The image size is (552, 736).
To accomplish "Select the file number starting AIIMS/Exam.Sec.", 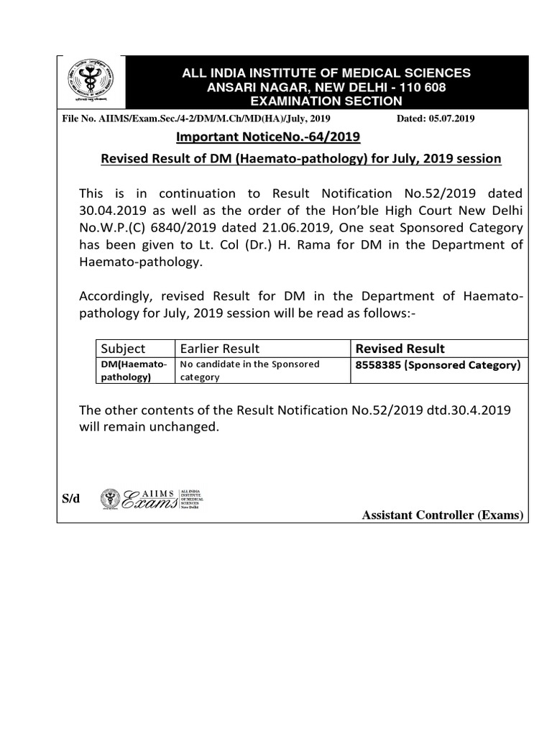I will tap(198, 119).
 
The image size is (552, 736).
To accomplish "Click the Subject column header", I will tap(123, 349).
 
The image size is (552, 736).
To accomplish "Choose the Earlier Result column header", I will tap(220, 349).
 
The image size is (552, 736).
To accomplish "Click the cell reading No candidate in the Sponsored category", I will tap(250, 371).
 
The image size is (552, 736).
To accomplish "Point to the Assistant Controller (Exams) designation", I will tap(443, 515).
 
